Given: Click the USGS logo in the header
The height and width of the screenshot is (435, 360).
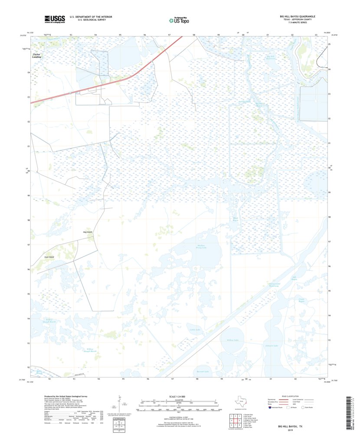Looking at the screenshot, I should point(54,19).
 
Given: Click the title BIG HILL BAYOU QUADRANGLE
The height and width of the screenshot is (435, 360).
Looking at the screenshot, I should point(297,16).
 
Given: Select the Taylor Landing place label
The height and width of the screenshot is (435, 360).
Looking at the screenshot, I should point(37,56).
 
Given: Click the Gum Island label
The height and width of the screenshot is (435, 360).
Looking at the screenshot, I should point(48,257).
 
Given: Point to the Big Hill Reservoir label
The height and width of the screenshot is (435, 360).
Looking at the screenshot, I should point(271,58).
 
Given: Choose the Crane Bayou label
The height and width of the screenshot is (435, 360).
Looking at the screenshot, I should point(302,300).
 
